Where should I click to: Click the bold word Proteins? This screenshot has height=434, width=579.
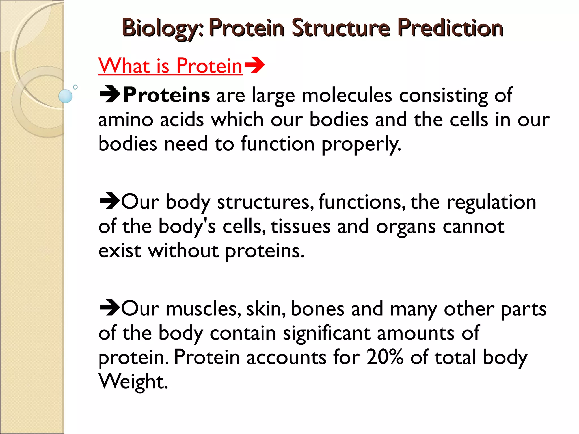[167, 95]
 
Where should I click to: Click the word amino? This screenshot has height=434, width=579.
[126, 120]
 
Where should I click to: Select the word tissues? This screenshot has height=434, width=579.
[301, 227]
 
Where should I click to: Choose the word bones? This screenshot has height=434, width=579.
[317, 309]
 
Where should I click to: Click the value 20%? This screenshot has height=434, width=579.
[385, 357]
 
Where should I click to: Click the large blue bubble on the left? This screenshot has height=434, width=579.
[65, 96]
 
